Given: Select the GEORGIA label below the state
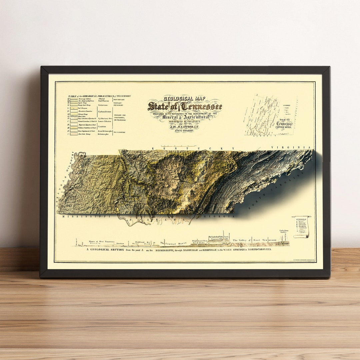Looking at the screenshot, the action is point(218,217).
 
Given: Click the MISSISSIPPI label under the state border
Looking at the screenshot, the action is point(86,216).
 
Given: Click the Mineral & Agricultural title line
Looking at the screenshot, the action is point(186,117).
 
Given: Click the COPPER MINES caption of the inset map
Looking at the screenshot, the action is point(284,127).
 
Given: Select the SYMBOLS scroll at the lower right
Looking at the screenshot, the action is point(301,227).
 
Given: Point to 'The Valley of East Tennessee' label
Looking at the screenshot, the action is point(254,240).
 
